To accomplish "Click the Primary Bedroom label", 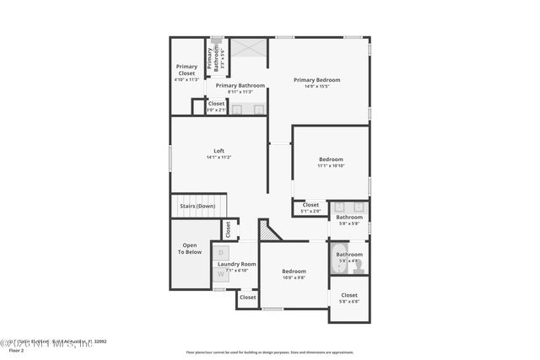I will (x=316, y=80).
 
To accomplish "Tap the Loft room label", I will (x=219, y=151).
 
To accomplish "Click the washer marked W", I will (x=221, y=273).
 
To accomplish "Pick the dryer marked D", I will (x=221, y=252).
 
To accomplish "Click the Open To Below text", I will (x=190, y=249).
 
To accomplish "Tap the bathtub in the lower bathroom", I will (x=344, y=254).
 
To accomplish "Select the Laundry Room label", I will (x=236, y=264).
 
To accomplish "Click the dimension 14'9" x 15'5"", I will (x=316, y=86).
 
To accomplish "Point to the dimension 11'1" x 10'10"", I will (x=331, y=165).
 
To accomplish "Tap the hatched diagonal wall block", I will (x=269, y=231).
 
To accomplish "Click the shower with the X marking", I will (x=248, y=49).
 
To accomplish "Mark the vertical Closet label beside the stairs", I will (x=227, y=228).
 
